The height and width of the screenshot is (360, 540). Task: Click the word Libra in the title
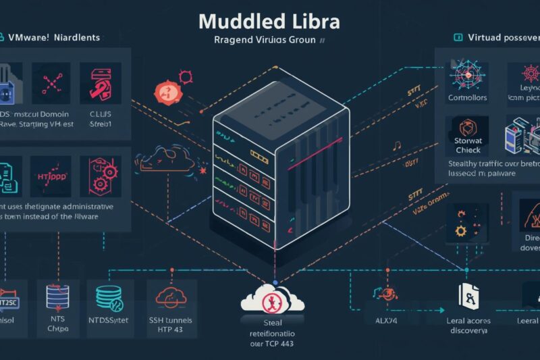pyautogui.click(x=313, y=20)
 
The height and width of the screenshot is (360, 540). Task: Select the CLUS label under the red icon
pyautogui.click(x=99, y=115)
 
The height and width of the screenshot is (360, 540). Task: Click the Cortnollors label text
pyautogui.click(x=467, y=98)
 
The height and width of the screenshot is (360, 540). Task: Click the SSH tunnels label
pyautogui.click(x=175, y=319)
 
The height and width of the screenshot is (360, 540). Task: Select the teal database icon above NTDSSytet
pyautogui.click(x=109, y=296)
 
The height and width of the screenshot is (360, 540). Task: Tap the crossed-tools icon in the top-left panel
pyautogui.click(x=52, y=82)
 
